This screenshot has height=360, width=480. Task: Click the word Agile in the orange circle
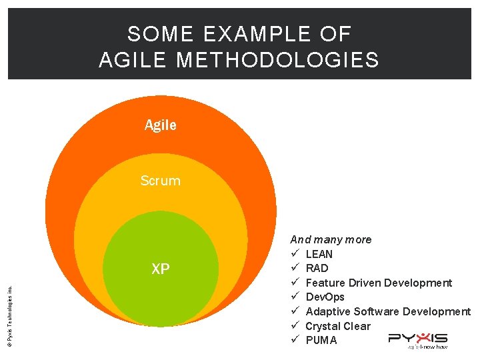tap(161, 125)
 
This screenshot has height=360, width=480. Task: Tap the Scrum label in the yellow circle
tap(160, 181)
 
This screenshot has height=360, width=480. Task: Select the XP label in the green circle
tap(161, 269)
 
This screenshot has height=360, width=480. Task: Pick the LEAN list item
tap(319, 254)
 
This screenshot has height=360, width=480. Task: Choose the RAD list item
tap(317, 268)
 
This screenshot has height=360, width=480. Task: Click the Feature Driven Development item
tap(378, 283)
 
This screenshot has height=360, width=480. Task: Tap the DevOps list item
tap(325, 297)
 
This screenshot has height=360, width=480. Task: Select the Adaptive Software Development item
tap(387, 311)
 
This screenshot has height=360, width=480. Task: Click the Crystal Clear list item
tap(337, 326)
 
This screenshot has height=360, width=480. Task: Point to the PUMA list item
tap(321, 340)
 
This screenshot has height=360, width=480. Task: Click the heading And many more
tap(331, 239)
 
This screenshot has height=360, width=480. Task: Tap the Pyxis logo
tap(418, 340)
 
